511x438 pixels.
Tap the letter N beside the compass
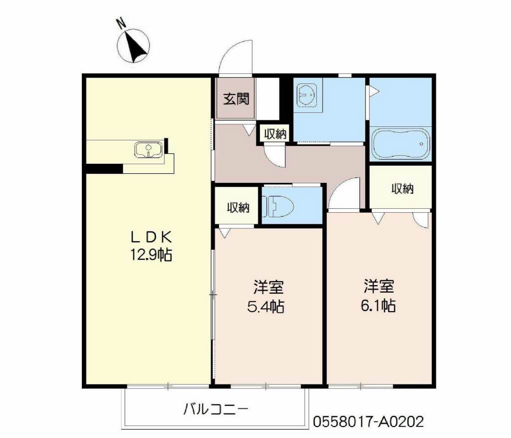(122, 24)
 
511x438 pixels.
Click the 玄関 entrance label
(236, 98)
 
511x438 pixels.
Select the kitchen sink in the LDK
(149, 149)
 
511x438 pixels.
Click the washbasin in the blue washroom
(307, 95)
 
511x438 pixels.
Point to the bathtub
(401, 144)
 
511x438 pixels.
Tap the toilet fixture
(278, 206)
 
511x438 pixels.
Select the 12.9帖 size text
(151, 255)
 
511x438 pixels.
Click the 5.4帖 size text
(265, 307)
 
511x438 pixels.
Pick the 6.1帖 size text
(378, 306)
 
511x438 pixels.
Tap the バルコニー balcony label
(216, 409)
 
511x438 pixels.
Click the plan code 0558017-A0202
(369, 422)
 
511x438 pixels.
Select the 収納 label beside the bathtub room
(403, 188)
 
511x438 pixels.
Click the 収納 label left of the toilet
(238, 207)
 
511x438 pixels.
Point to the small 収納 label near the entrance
(275, 134)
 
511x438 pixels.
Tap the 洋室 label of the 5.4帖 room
(268, 287)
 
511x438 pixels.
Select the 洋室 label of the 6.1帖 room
(379, 286)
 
